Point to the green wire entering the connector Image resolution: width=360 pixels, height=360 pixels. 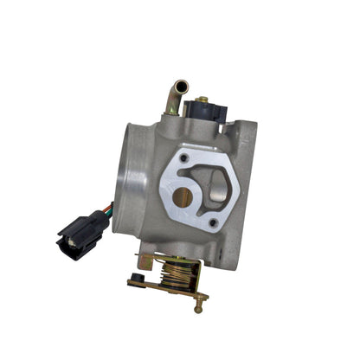click(x=107, y=209)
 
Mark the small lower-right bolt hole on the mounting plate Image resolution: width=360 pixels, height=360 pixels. click(x=213, y=223)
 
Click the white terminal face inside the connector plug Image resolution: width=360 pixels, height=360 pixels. click(x=65, y=247)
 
